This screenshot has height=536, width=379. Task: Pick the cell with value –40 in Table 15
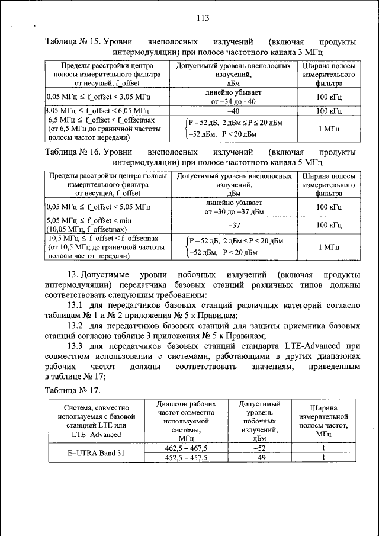click(233, 111)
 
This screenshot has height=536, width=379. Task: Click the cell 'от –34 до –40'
click(233, 101)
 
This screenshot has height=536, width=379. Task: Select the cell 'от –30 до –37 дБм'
click(233, 211)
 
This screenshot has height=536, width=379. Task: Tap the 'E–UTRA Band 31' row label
click(96, 453)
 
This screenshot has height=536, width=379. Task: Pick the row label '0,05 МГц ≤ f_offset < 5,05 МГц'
click(98, 207)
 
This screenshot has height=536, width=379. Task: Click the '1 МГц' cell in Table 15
click(329, 129)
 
